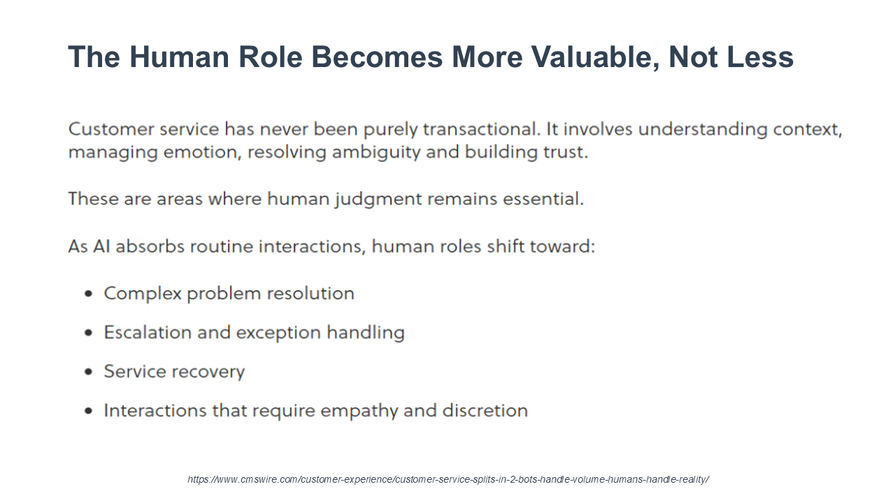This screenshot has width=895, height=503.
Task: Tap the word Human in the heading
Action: (179, 57)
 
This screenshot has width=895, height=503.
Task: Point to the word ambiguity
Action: (376, 153)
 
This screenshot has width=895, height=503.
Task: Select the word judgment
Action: (378, 200)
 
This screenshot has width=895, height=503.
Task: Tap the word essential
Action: (543, 198)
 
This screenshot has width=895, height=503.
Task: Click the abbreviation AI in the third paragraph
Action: (101, 247)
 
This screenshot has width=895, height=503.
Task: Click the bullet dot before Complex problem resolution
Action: (89, 294)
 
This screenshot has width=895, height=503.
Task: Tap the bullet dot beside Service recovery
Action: (89, 372)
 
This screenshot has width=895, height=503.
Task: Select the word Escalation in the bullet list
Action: (148, 333)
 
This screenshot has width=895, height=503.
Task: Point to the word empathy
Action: (359, 411)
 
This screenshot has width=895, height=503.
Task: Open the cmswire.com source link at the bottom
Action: (448, 479)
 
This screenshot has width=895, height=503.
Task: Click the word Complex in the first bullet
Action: (143, 294)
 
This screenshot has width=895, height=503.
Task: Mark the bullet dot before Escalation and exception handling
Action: (89, 333)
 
